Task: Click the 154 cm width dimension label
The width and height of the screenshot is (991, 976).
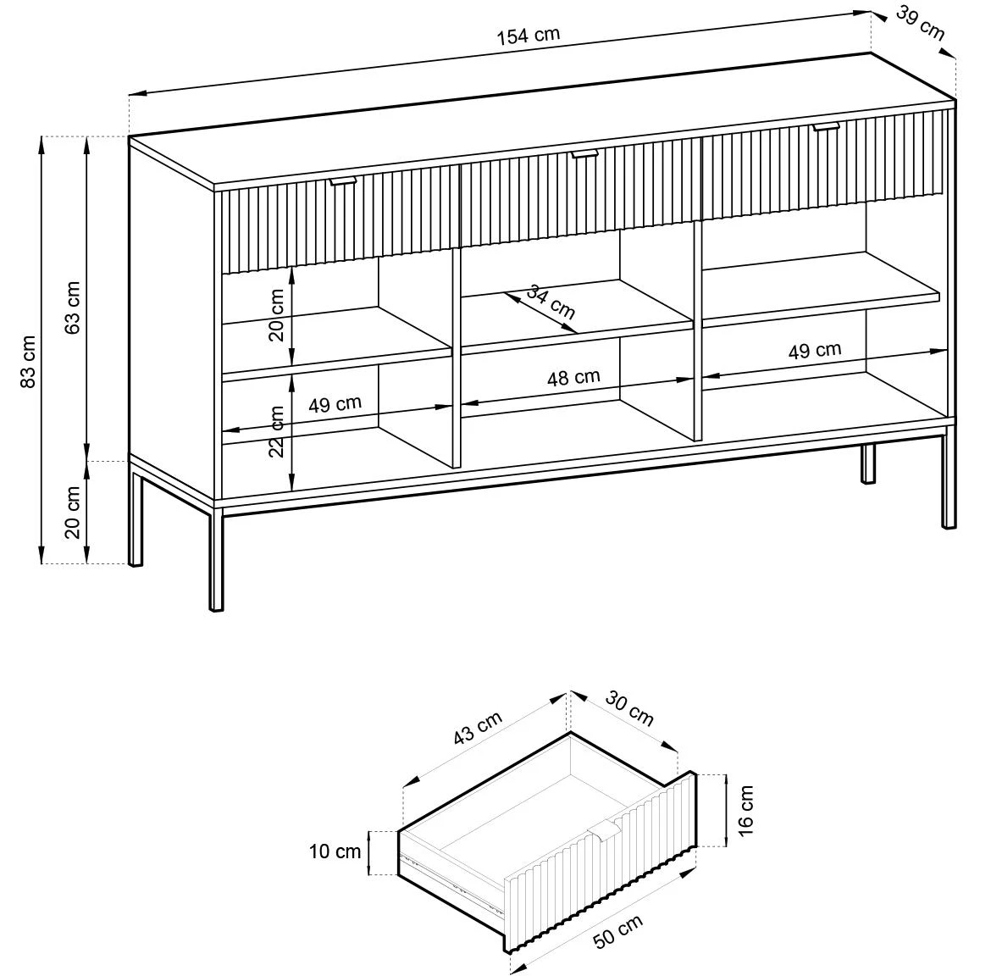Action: (x=528, y=36)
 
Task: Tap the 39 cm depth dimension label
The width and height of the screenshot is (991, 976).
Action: (x=919, y=24)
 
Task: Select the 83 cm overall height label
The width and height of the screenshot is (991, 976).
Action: (x=30, y=362)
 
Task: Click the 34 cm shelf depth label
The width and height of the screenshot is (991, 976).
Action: (x=551, y=302)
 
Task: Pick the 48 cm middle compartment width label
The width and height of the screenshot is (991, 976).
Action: (x=573, y=378)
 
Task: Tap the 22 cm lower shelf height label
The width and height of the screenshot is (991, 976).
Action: (x=277, y=432)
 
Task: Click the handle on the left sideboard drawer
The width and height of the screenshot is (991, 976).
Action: (x=343, y=180)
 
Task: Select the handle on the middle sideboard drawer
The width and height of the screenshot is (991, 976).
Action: (x=584, y=153)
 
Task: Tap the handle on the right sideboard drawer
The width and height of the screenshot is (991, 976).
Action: (x=826, y=127)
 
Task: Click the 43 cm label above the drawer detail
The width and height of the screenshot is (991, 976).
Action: (x=478, y=729)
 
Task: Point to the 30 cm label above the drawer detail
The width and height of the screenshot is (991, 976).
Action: (x=629, y=709)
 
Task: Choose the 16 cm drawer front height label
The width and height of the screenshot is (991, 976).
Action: (x=745, y=811)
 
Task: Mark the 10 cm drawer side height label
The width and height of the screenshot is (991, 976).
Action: (x=335, y=851)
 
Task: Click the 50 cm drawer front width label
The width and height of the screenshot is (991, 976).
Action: (x=618, y=933)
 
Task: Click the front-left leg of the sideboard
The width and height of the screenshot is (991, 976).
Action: (x=216, y=563)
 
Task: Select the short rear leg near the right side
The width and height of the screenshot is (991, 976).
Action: (x=868, y=463)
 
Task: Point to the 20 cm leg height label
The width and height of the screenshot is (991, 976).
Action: (x=73, y=513)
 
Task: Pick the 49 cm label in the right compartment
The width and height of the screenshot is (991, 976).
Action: (x=814, y=351)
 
